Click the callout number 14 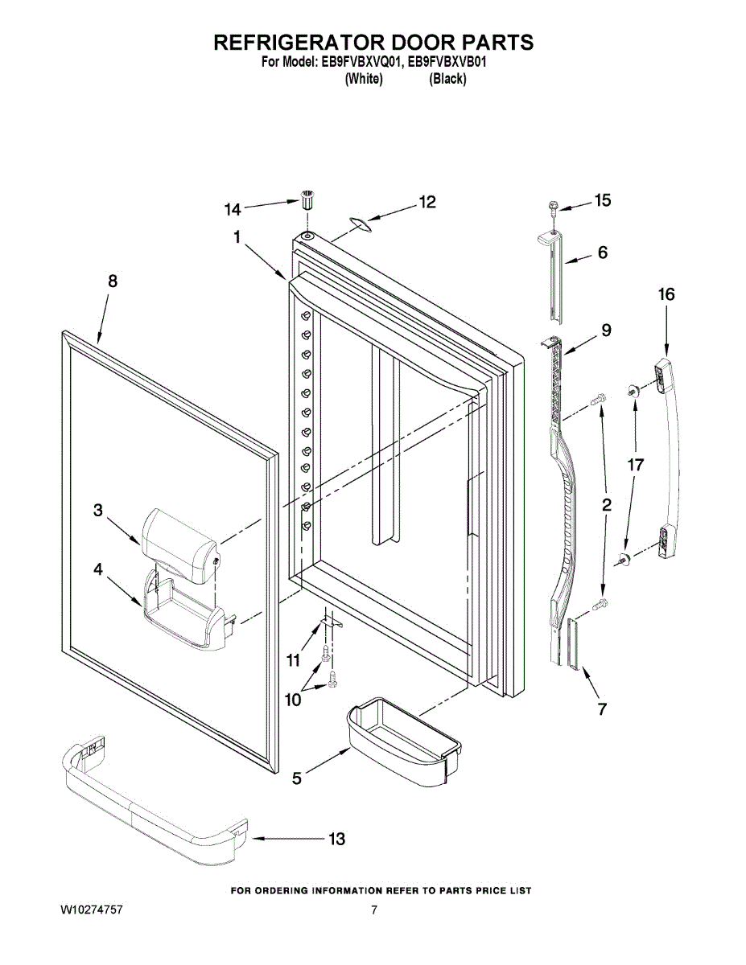point(233,209)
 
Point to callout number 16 point(666,294)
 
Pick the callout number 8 point(113,281)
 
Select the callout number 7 point(602,708)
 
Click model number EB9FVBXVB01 point(449,61)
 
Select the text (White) point(363,79)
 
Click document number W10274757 point(92,911)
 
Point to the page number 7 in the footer point(374,911)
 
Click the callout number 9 point(605,330)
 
